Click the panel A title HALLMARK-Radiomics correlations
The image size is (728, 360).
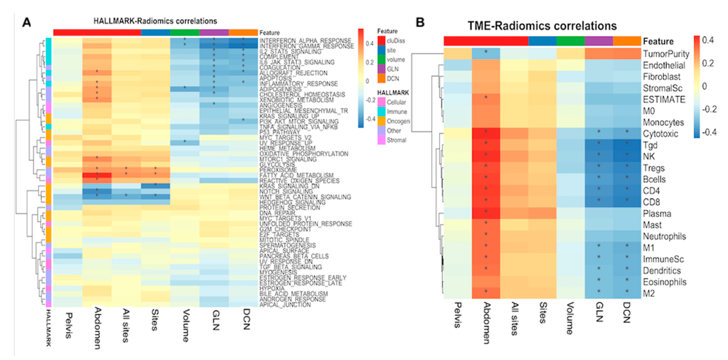155,21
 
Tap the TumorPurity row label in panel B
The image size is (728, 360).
666,54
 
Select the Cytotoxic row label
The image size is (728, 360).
660,134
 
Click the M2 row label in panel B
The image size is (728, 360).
649,293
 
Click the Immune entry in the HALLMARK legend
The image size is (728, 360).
396,112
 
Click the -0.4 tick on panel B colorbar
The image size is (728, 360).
709,132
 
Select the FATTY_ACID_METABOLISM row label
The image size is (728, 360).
296,176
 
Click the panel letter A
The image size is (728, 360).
26,22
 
